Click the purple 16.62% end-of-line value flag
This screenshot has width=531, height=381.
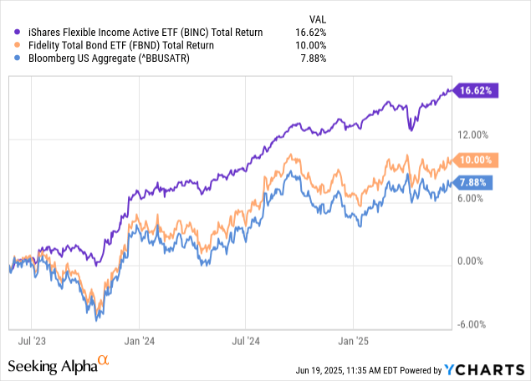pos(477,90)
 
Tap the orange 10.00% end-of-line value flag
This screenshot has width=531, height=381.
pos(477,159)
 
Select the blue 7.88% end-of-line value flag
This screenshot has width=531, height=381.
pos(476,182)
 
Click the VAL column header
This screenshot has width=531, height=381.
pos(316,17)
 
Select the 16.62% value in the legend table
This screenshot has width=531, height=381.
pos(310,32)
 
